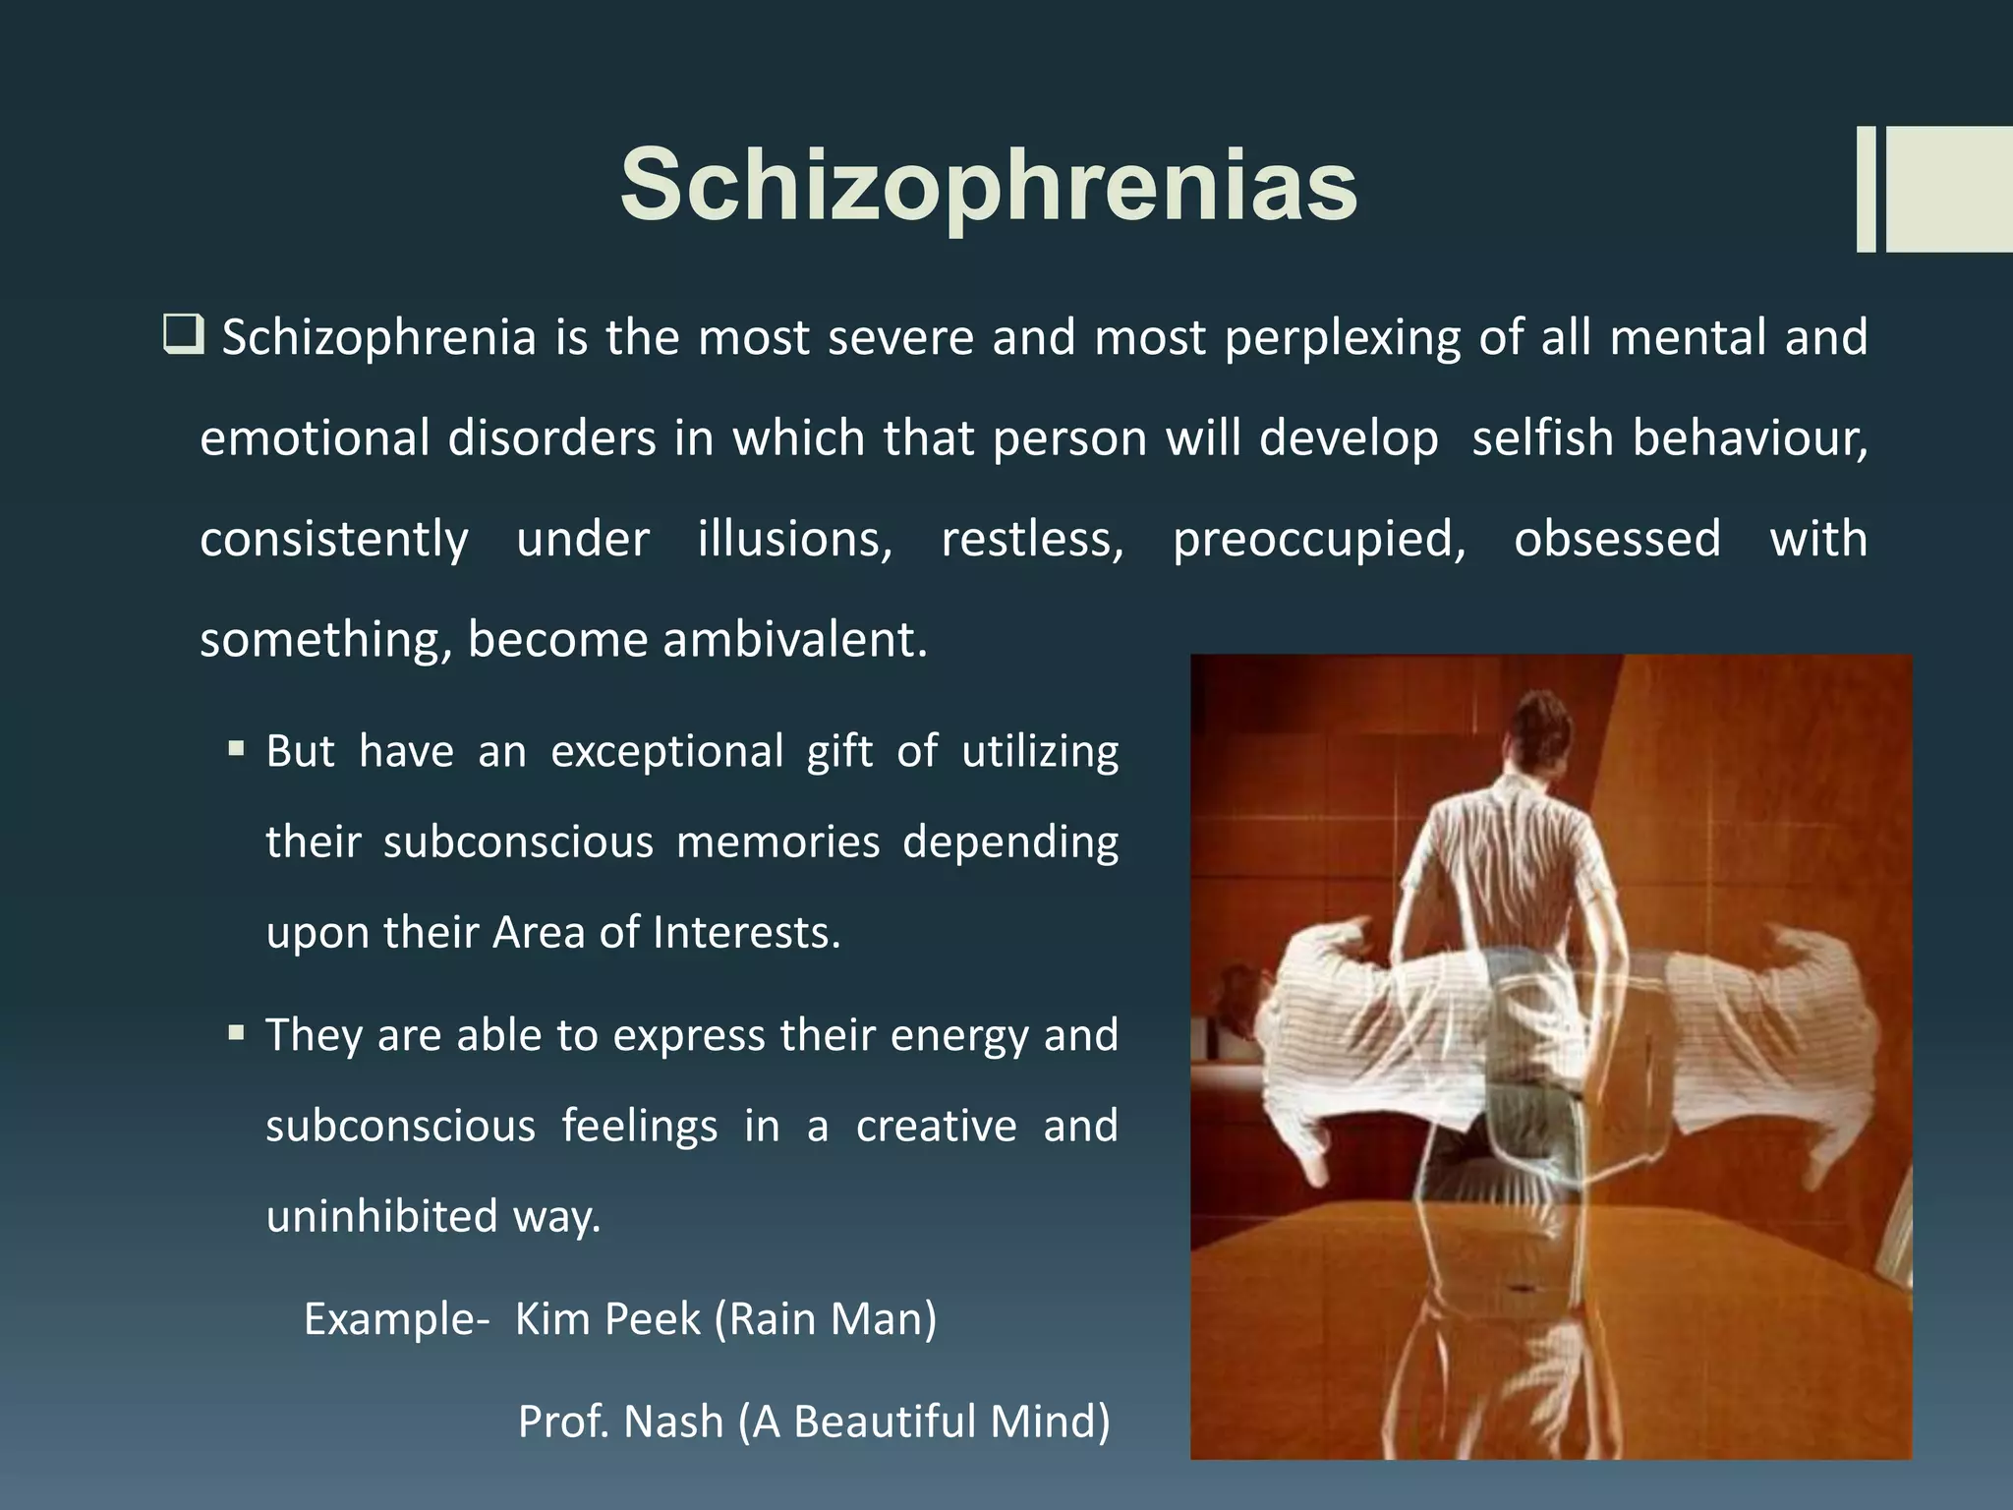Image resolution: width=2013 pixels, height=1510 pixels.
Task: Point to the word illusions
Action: [794, 539]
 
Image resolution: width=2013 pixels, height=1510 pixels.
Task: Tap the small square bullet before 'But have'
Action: [236, 749]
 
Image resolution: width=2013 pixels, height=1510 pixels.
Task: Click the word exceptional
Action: [666, 752]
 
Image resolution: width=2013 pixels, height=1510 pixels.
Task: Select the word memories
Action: [777, 842]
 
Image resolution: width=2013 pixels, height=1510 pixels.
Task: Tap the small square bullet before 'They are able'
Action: [236, 1033]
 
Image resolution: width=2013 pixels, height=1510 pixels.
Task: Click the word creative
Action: [936, 1127]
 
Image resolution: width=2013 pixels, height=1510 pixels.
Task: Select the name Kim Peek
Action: [607, 1319]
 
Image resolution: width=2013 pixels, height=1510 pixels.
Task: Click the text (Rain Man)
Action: [826, 1319]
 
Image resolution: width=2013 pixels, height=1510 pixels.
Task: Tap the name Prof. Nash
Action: [620, 1422]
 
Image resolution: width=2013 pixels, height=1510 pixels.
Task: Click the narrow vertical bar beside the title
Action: [1866, 189]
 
